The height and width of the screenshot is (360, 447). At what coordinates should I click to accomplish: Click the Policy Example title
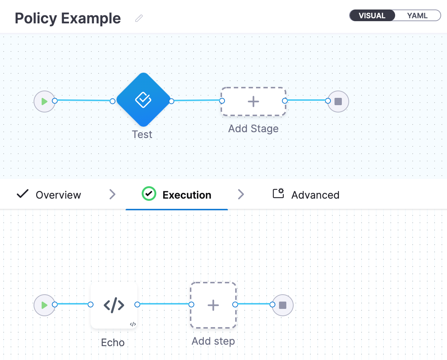[68, 18]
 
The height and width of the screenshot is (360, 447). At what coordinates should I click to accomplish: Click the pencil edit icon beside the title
[139, 18]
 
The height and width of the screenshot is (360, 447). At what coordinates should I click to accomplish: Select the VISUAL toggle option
[372, 16]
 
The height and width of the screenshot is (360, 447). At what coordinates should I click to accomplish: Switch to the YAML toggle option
[417, 16]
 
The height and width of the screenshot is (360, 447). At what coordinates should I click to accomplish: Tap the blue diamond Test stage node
[143, 100]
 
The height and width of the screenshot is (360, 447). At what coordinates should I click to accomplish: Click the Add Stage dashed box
[253, 102]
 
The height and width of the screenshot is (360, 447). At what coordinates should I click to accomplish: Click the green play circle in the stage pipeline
[45, 102]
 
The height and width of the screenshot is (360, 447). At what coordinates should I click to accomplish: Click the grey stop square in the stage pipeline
[338, 102]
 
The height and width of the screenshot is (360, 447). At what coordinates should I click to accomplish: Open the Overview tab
[58, 195]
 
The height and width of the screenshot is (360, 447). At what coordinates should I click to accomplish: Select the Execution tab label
[187, 195]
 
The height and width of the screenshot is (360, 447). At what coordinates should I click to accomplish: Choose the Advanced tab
[315, 195]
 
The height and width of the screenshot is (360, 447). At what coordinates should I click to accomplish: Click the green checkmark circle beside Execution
[149, 194]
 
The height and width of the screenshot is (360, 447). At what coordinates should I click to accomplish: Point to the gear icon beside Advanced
[278, 193]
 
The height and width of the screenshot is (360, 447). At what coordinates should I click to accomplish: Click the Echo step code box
[114, 305]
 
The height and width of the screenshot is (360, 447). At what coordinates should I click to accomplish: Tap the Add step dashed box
[213, 305]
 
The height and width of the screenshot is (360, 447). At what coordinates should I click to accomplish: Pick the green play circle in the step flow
[45, 305]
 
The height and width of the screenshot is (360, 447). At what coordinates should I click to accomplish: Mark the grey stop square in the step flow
[283, 305]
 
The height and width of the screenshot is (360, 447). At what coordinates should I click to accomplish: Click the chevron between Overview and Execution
[112, 195]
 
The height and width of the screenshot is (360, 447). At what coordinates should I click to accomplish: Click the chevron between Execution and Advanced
[241, 194]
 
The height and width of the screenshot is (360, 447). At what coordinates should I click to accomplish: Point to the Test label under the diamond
[142, 134]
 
